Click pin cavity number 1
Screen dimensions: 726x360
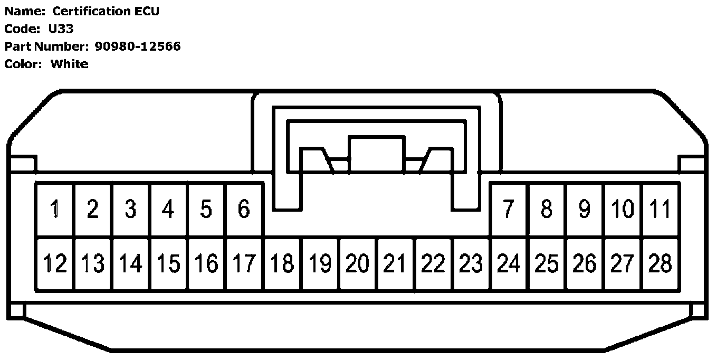point(55,210)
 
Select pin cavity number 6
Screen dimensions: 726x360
point(244,210)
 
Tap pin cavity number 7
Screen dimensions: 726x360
point(508,210)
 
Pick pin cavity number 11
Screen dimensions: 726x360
point(660,210)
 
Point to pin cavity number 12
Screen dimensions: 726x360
point(55,263)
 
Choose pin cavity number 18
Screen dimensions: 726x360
point(282,263)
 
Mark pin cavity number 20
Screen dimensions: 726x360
point(357,263)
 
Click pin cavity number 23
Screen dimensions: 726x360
point(471,263)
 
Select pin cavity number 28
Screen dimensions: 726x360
point(660,263)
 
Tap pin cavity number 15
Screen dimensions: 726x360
point(168,263)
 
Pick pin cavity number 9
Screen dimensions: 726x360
point(584,210)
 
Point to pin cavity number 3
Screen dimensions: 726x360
point(130,210)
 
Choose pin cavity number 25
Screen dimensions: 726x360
point(547,263)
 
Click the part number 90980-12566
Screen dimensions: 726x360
point(138,46)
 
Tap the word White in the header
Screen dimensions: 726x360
point(69,64)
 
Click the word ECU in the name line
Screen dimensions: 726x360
point(147,12)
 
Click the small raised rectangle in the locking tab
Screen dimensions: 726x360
point(376,154)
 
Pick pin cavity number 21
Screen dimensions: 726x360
point(395,263)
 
